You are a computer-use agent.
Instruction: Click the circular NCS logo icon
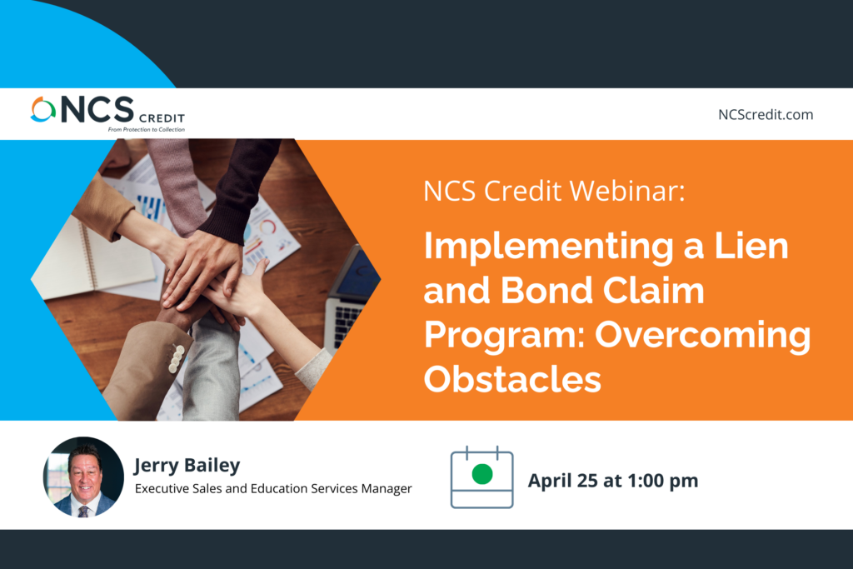43,109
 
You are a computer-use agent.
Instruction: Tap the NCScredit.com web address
766,115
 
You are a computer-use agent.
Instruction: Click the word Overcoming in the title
702,336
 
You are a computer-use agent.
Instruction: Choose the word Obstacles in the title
512,378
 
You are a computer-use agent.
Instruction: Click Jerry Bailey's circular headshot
83,477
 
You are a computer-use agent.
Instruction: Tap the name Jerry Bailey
187,466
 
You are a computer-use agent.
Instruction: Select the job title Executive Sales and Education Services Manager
273,488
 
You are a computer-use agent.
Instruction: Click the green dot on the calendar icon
482,474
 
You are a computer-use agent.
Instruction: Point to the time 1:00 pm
662,481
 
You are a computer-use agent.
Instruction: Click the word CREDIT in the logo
162,118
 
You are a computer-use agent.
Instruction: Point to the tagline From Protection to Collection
147,129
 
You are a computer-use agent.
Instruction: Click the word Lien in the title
751,246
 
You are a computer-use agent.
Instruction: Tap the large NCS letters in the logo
97,109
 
